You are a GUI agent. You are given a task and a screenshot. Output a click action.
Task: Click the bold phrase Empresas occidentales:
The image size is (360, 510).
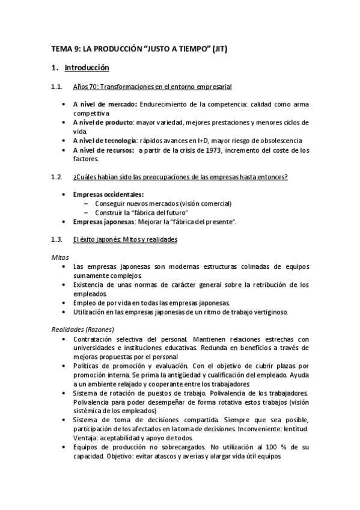[108, 194]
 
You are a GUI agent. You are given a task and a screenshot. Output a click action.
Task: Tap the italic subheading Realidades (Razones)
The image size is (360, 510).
[82, 329]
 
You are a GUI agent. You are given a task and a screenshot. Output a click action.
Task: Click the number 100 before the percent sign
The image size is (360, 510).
[269, 447]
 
